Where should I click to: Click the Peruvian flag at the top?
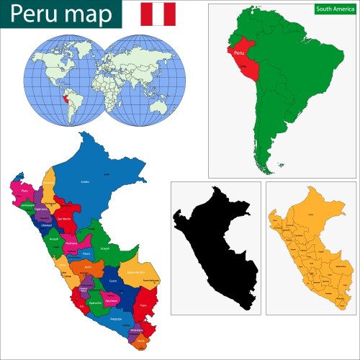[x=158, y=14]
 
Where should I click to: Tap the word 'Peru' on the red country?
[x=240, y=53]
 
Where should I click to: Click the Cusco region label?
[x=112, y=282]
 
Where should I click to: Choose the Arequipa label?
[x=116, y=318]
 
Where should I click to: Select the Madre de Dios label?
[x=136, y=272]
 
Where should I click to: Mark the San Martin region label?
[x=63, y=219]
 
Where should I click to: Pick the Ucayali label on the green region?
[x=105, y=248]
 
